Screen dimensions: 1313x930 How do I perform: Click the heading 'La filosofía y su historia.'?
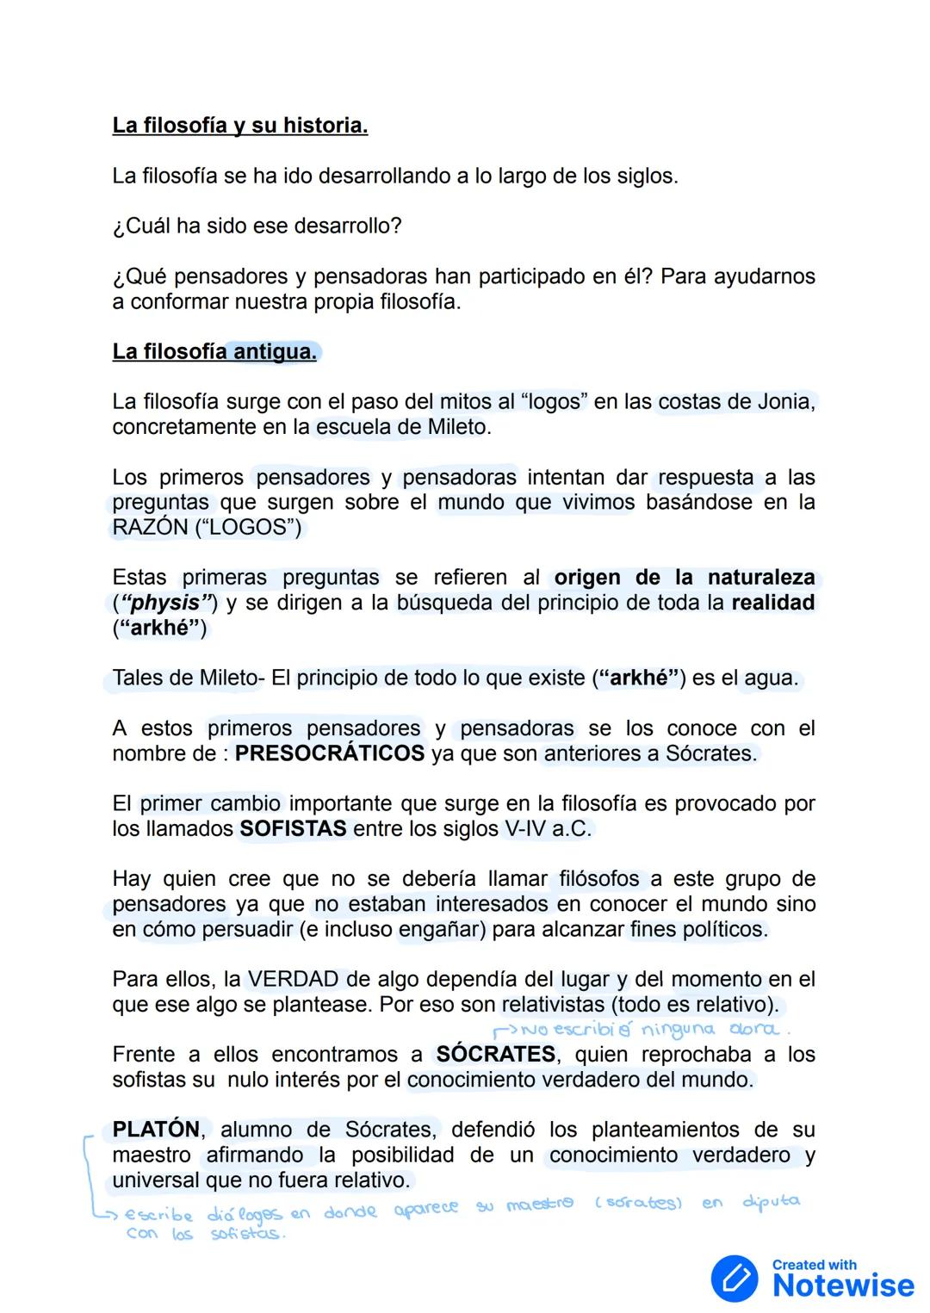point(239,126)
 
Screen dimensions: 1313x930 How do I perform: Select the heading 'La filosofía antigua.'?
point(214,352)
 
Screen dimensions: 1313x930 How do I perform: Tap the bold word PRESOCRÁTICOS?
point(330,753)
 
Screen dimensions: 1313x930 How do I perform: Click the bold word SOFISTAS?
point(293,829)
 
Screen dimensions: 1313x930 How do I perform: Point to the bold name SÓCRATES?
point(495,1055)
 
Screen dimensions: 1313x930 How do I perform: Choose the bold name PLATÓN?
point(156,1130)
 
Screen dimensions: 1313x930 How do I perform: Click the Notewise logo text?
point(842,1285)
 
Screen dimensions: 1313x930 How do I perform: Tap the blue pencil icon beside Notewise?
point(735,1279)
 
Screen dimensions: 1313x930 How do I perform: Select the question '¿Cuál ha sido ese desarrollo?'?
point(257,226)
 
